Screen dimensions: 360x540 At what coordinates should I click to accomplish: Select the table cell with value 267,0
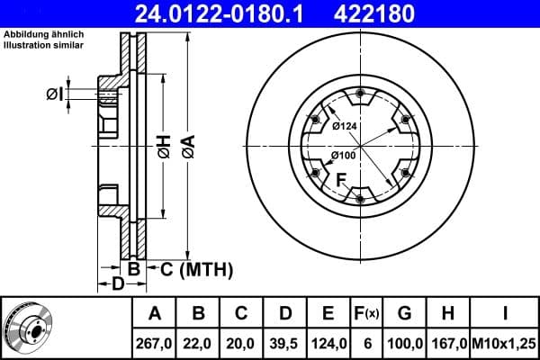[154, 343]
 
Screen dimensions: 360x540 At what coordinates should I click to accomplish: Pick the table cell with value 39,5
[284, 343]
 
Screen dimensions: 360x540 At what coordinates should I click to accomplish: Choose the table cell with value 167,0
[450, 343]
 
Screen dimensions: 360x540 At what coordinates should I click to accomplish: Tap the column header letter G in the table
[404, 314]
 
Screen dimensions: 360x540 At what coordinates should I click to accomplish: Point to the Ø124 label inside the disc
[344, 127]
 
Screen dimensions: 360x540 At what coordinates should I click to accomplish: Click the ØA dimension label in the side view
[186, 147]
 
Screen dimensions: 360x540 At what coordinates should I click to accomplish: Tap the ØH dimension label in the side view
[162, 147]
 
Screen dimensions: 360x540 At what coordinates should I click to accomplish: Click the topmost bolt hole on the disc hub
[360, 95]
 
